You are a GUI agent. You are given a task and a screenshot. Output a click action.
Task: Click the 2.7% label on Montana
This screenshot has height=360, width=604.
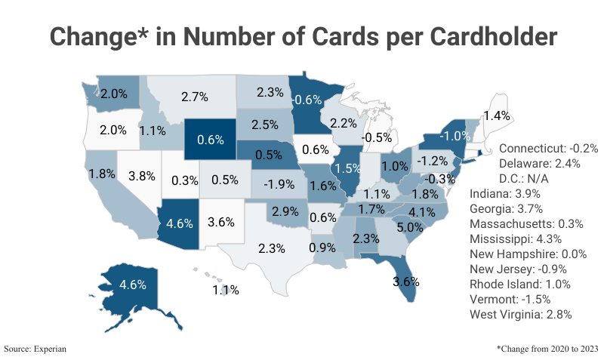point(195,97)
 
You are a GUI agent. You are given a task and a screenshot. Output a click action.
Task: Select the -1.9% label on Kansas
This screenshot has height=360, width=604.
point(278,183)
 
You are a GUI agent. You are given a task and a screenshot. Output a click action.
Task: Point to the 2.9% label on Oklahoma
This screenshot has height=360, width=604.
point(285,211)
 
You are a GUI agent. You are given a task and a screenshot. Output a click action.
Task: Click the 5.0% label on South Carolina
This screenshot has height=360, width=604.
point(410,227)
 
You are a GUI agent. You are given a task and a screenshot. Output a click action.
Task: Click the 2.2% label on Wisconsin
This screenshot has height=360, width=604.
point(344,123)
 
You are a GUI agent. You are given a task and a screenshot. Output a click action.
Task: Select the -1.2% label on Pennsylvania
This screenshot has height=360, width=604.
point(433,161)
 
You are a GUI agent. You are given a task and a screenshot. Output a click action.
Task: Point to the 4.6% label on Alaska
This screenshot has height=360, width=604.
point(134,285)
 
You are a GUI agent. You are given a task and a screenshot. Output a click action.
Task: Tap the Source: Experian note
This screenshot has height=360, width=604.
point(35,349)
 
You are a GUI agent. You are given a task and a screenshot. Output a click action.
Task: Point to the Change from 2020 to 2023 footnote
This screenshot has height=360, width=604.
point(547,349)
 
